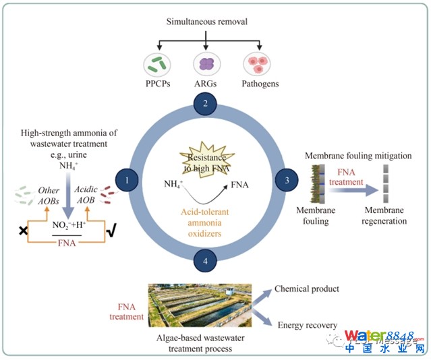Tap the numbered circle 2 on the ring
click(x=204, y=104)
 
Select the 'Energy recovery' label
click(x=307, y=326)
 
